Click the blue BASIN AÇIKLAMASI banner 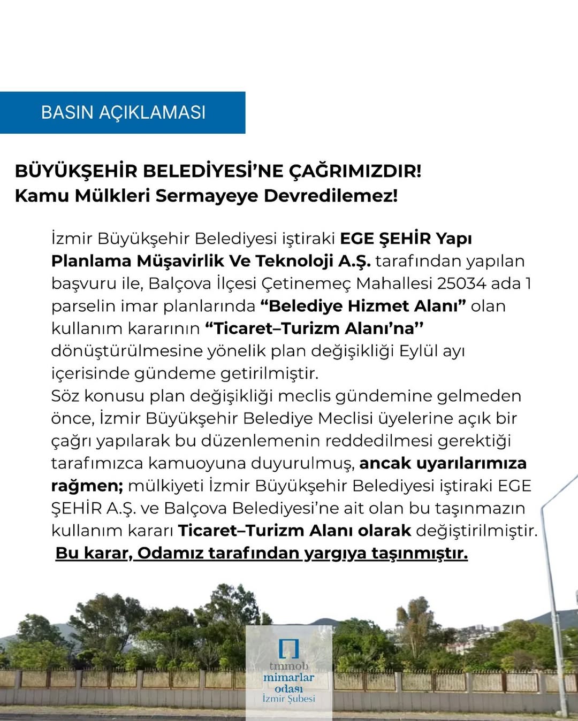123,112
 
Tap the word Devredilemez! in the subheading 331,195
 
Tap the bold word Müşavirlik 180,260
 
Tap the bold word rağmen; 87,485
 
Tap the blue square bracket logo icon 288,648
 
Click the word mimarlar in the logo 288,677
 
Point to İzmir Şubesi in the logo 288,699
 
